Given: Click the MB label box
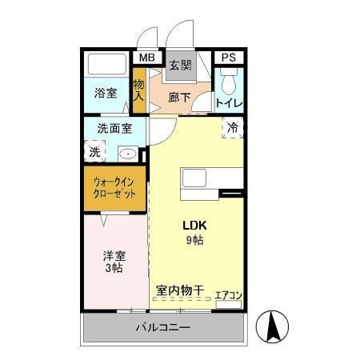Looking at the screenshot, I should (x=146, y=58).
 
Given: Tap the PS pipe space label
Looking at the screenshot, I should (x=229, y=58).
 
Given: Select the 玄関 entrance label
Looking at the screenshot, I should (x=179, y=66).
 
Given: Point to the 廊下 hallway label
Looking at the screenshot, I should (x=179, y=98).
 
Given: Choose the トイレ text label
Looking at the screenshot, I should (x=230, y=102).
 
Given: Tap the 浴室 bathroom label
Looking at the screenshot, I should (x=106, y=91).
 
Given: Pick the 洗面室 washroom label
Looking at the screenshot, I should (x=115, y=127).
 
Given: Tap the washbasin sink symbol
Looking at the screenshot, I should (x=128, y=153).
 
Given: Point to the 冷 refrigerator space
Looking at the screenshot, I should (x=232, y=127).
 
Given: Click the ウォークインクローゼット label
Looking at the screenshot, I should (x=115, y=188).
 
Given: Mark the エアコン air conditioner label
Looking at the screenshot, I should (x=229, y=295).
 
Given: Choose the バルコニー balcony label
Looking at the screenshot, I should (x=162, y=327).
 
